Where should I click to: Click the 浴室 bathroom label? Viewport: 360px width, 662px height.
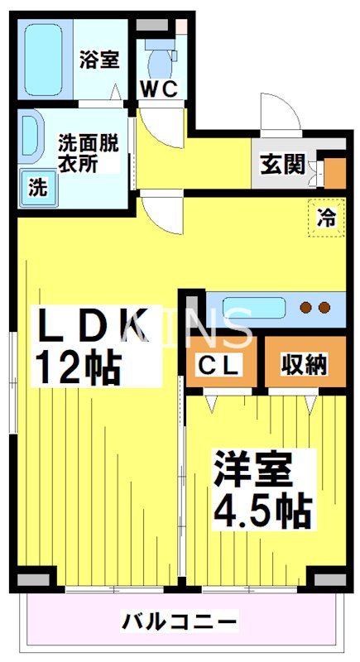tap(99, 60)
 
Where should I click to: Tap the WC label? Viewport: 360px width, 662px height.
tap(160, 90)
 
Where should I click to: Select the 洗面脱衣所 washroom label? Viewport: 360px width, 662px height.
tap(88, 151)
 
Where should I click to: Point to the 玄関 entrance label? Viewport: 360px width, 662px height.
tap(281, 165)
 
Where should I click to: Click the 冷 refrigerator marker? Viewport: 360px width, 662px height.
tap(328, 218)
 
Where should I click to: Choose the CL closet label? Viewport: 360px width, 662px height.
tap(218, 364)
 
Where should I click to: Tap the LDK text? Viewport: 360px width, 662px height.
tap(91, 324)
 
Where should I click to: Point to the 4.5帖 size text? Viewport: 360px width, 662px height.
tap(262, 510)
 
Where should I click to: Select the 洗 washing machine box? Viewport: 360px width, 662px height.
tap(38, 187)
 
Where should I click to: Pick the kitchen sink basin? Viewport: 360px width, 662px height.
tap(248, 309)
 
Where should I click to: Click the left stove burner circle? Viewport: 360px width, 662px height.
tap(305, 309)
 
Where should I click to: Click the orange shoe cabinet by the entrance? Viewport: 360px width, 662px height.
tap(334, 173)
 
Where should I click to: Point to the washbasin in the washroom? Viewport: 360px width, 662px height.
tap(31, 136)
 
